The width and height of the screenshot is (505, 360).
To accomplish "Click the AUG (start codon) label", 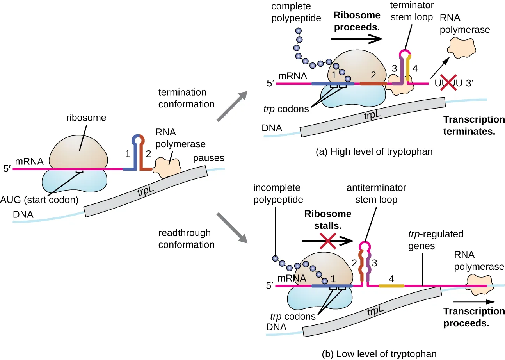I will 45,200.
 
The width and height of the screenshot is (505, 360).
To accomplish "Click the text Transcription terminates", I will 474,125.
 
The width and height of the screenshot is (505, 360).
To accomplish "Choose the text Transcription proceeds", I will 474,317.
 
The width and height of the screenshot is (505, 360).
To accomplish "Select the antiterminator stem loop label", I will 376,194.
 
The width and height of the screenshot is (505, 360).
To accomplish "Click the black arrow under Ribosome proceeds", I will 356,39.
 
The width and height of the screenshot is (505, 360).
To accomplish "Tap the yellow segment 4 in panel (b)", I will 391,286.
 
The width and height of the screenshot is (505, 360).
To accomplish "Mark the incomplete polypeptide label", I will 278,194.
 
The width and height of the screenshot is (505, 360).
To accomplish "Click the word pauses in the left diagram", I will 209,158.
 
